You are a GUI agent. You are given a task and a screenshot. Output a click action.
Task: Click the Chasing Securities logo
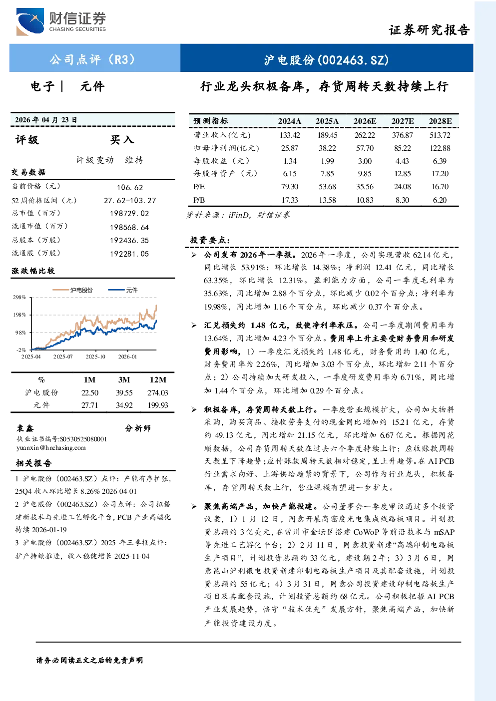pos(61,21)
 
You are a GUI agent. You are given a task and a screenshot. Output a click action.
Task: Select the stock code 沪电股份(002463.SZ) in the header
pos(326,60)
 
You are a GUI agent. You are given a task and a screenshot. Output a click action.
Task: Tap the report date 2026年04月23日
pos(46,120)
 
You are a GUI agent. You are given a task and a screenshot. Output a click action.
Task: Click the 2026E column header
pos(365,121)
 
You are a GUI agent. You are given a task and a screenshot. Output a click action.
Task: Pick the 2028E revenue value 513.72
pos(440,135)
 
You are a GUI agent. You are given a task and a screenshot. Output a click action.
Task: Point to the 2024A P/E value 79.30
pos(290,187)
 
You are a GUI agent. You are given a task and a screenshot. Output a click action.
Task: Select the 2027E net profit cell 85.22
pos(403,148)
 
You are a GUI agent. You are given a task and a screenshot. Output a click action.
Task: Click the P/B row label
pos(199,200)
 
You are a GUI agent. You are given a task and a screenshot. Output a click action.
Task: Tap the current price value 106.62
pos(130,187)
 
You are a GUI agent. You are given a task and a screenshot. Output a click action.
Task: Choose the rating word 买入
pos(122,140)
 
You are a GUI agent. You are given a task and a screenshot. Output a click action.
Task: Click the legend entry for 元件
pos(123,290)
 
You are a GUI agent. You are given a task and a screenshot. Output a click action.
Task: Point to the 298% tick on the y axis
pos(19,297)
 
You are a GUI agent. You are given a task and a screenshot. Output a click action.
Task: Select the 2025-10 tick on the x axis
pos(95,357)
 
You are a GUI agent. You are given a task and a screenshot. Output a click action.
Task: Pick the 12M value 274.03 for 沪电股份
pos(158,393)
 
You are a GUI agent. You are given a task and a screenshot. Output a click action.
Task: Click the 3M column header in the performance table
pos(124,380)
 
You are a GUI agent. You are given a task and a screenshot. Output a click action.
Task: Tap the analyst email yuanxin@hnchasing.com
pos(51,448)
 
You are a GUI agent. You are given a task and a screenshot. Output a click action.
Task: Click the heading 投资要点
pos(210,240)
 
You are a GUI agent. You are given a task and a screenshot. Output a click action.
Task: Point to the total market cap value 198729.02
pos(129,213)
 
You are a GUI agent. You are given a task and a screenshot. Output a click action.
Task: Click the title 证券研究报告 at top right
pos(429,30)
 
